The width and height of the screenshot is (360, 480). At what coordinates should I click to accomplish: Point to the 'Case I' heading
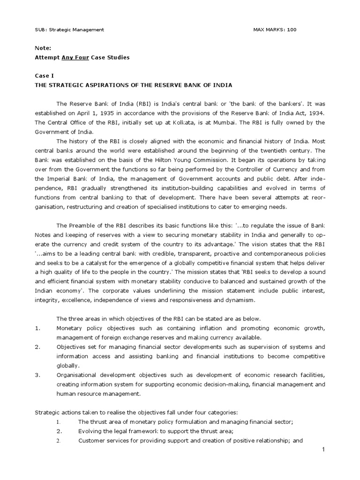[x=45, y=75]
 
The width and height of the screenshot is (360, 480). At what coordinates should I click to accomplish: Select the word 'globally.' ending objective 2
[x=67, y=366]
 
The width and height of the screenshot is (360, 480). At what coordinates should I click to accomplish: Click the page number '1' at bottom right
[x=323, y=450]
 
